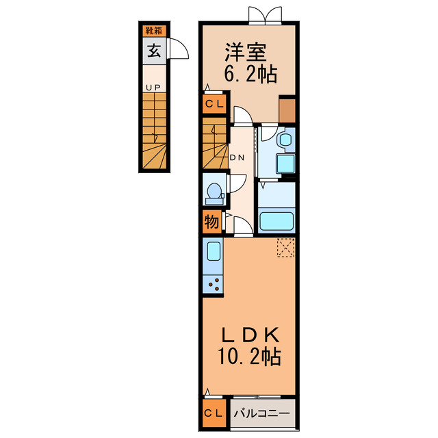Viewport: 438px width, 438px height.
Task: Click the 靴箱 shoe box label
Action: (x=154, y=31)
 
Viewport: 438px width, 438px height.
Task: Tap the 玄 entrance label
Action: (x=154, y=51)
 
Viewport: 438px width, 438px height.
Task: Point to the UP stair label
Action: (x=153, y=88)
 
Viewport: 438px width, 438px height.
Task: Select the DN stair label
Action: (x=237, y=157)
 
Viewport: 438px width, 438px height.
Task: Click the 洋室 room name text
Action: (x=246, y=52)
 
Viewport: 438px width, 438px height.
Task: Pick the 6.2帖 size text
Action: (x=250, y=74)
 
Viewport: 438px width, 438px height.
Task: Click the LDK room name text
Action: (x=250, y=335)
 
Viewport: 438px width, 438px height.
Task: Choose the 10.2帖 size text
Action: (x=249, y=356)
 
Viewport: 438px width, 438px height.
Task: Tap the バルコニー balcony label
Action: (x=261, y=413)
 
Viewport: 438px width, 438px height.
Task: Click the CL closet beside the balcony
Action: (x=214, y=413)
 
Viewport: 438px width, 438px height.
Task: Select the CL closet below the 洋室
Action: (x=214, y=104)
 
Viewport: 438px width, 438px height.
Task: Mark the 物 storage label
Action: (x=211, y=222)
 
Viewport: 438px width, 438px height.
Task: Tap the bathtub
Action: (x=276, y=221)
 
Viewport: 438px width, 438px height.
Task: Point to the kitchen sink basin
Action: (x=214, y=251)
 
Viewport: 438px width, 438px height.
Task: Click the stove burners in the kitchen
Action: (x=213, y=285)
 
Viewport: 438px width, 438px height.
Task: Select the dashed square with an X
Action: (x=286, y=248)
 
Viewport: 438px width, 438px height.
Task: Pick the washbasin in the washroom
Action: (x=286, y=140)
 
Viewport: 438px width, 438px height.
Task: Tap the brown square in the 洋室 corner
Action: (x=287, y=111)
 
